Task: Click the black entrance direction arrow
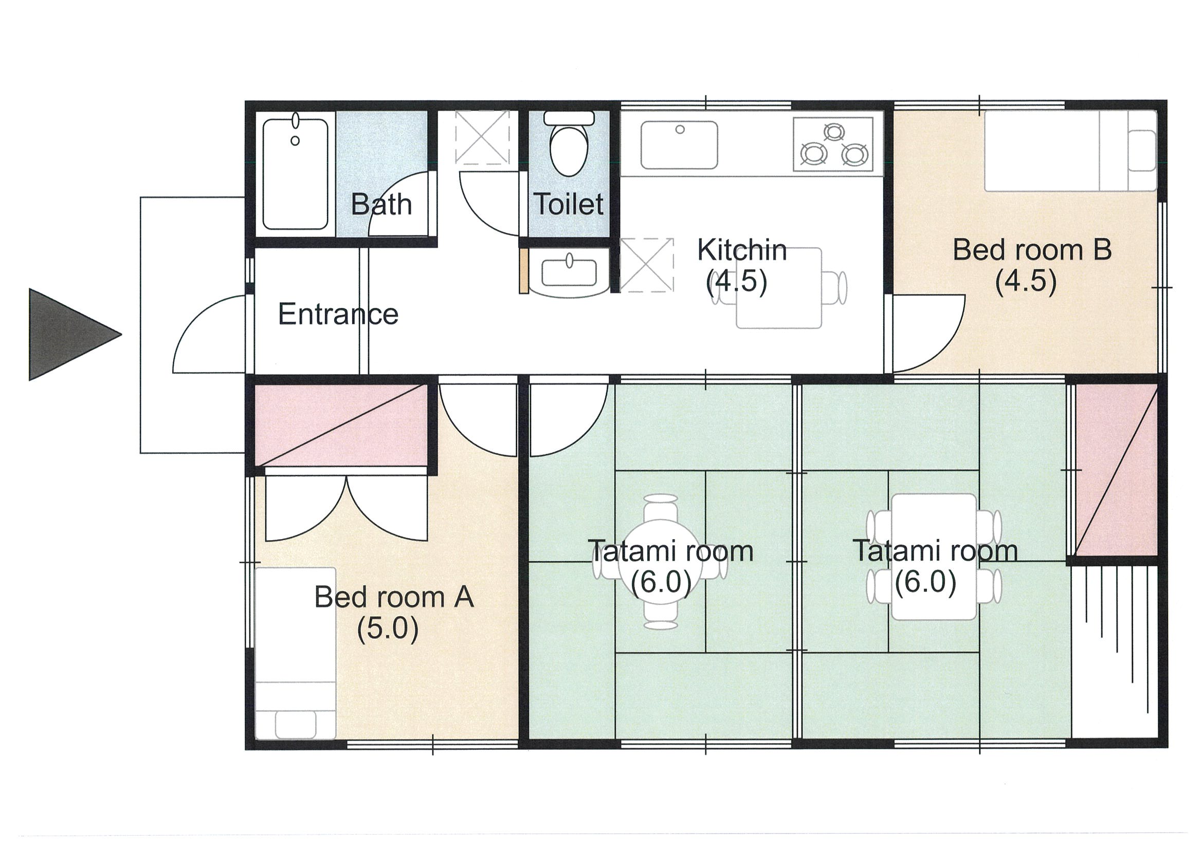[x=68, y=334]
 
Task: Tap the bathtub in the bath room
[x=295, y=174]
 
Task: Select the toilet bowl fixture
[x=569, y=143]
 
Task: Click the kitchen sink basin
[x=679, y=145]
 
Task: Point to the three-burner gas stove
[x=833, y=144]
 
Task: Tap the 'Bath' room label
[x=381, y=204]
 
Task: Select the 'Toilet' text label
[x=569, y=204]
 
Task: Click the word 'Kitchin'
[x=742, y=250]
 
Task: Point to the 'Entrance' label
[x=338, y=314]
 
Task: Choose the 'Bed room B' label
[x=1032, y=250]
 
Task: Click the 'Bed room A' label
[x=394, y=597]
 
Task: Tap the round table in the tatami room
[x=660, y=562]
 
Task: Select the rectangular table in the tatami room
[x=933, y=557]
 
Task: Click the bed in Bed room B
[x=1070, y=152]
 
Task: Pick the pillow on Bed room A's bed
[x=296, y=724]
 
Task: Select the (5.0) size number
[x=388, y=629]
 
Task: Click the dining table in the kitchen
[x=778, y=288]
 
